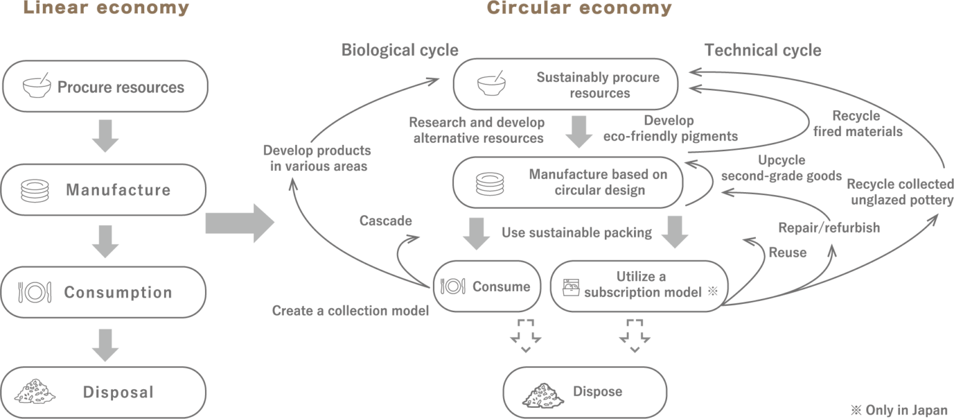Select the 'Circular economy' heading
point(579,8)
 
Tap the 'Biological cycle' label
point(400,50)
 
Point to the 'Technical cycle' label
point(763,50)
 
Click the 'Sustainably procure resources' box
point(566,85)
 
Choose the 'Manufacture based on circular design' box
point(568,182)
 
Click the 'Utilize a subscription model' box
point(638,285)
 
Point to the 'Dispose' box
point(584,392)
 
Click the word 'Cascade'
point(386,221)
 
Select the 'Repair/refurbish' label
point(829,228)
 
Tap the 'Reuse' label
point(788,252)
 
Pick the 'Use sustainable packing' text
point(576,233)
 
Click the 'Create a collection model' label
point(350,311)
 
